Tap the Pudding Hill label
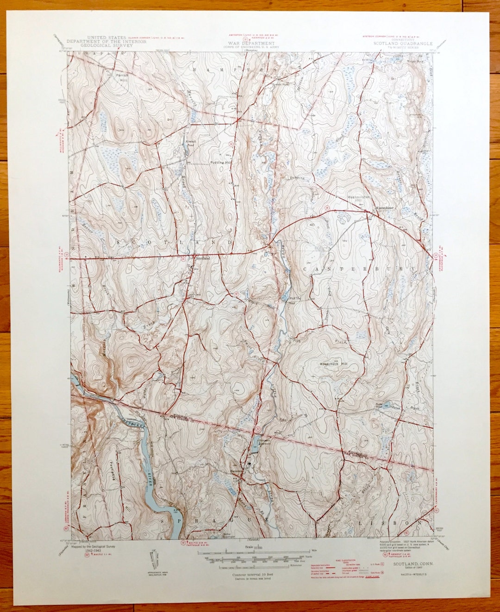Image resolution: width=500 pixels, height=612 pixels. click(x=220, y=163)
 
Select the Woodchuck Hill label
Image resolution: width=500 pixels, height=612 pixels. click(x=333, y=364)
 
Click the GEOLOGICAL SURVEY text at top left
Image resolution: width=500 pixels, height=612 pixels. click(x=106, y=46)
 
